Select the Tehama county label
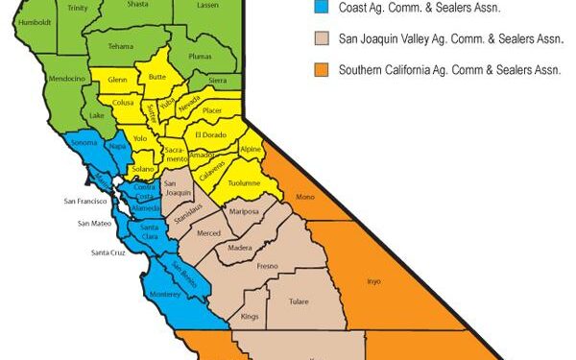121,46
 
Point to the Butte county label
156,74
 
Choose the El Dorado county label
212,136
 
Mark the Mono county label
306,197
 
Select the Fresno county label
267,267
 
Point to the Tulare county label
300,300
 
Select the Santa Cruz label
108,252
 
